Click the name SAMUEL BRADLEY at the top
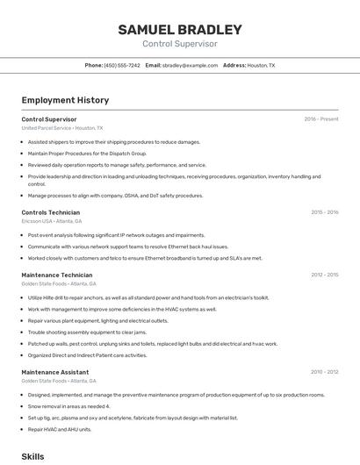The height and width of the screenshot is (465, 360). (180, 30)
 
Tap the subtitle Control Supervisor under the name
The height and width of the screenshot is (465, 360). (180, 44)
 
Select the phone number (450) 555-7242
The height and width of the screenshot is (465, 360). (122, 65)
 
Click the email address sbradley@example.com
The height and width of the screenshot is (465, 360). (190, 65)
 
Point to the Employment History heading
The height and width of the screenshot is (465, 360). (65, 100)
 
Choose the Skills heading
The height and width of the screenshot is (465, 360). (32, 456)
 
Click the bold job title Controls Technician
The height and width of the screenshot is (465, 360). (50, 212)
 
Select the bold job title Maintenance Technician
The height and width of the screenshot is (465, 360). (56, 275)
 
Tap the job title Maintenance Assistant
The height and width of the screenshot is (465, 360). (54, 372)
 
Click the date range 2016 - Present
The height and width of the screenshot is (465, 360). (321, 118)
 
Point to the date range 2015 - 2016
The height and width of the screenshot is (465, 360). (325, 212)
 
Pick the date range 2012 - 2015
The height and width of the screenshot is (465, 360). (325, 275)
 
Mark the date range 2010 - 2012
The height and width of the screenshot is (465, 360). (325, 372)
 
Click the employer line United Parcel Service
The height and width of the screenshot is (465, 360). (61, 127)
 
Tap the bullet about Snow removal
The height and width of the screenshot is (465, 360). (68, 406)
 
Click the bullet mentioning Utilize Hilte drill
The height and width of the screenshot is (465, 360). (148, 297)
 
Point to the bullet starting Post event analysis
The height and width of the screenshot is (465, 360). (116, 235)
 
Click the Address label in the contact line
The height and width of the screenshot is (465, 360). (234, 65)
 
